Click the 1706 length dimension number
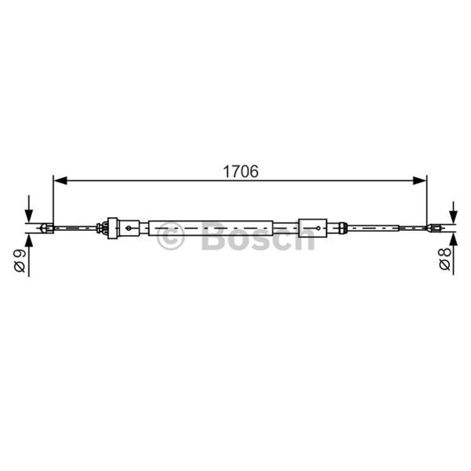[x=240, y=171]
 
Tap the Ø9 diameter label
[x=20, y=261]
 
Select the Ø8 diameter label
[x=445, y=258]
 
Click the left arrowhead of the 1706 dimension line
[x=60, y=181]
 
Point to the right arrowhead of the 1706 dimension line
[x=419, y=181]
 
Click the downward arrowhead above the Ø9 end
[x=29, y=215]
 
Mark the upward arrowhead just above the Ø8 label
[x=453, y=240]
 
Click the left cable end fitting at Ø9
[x=47, y=228]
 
